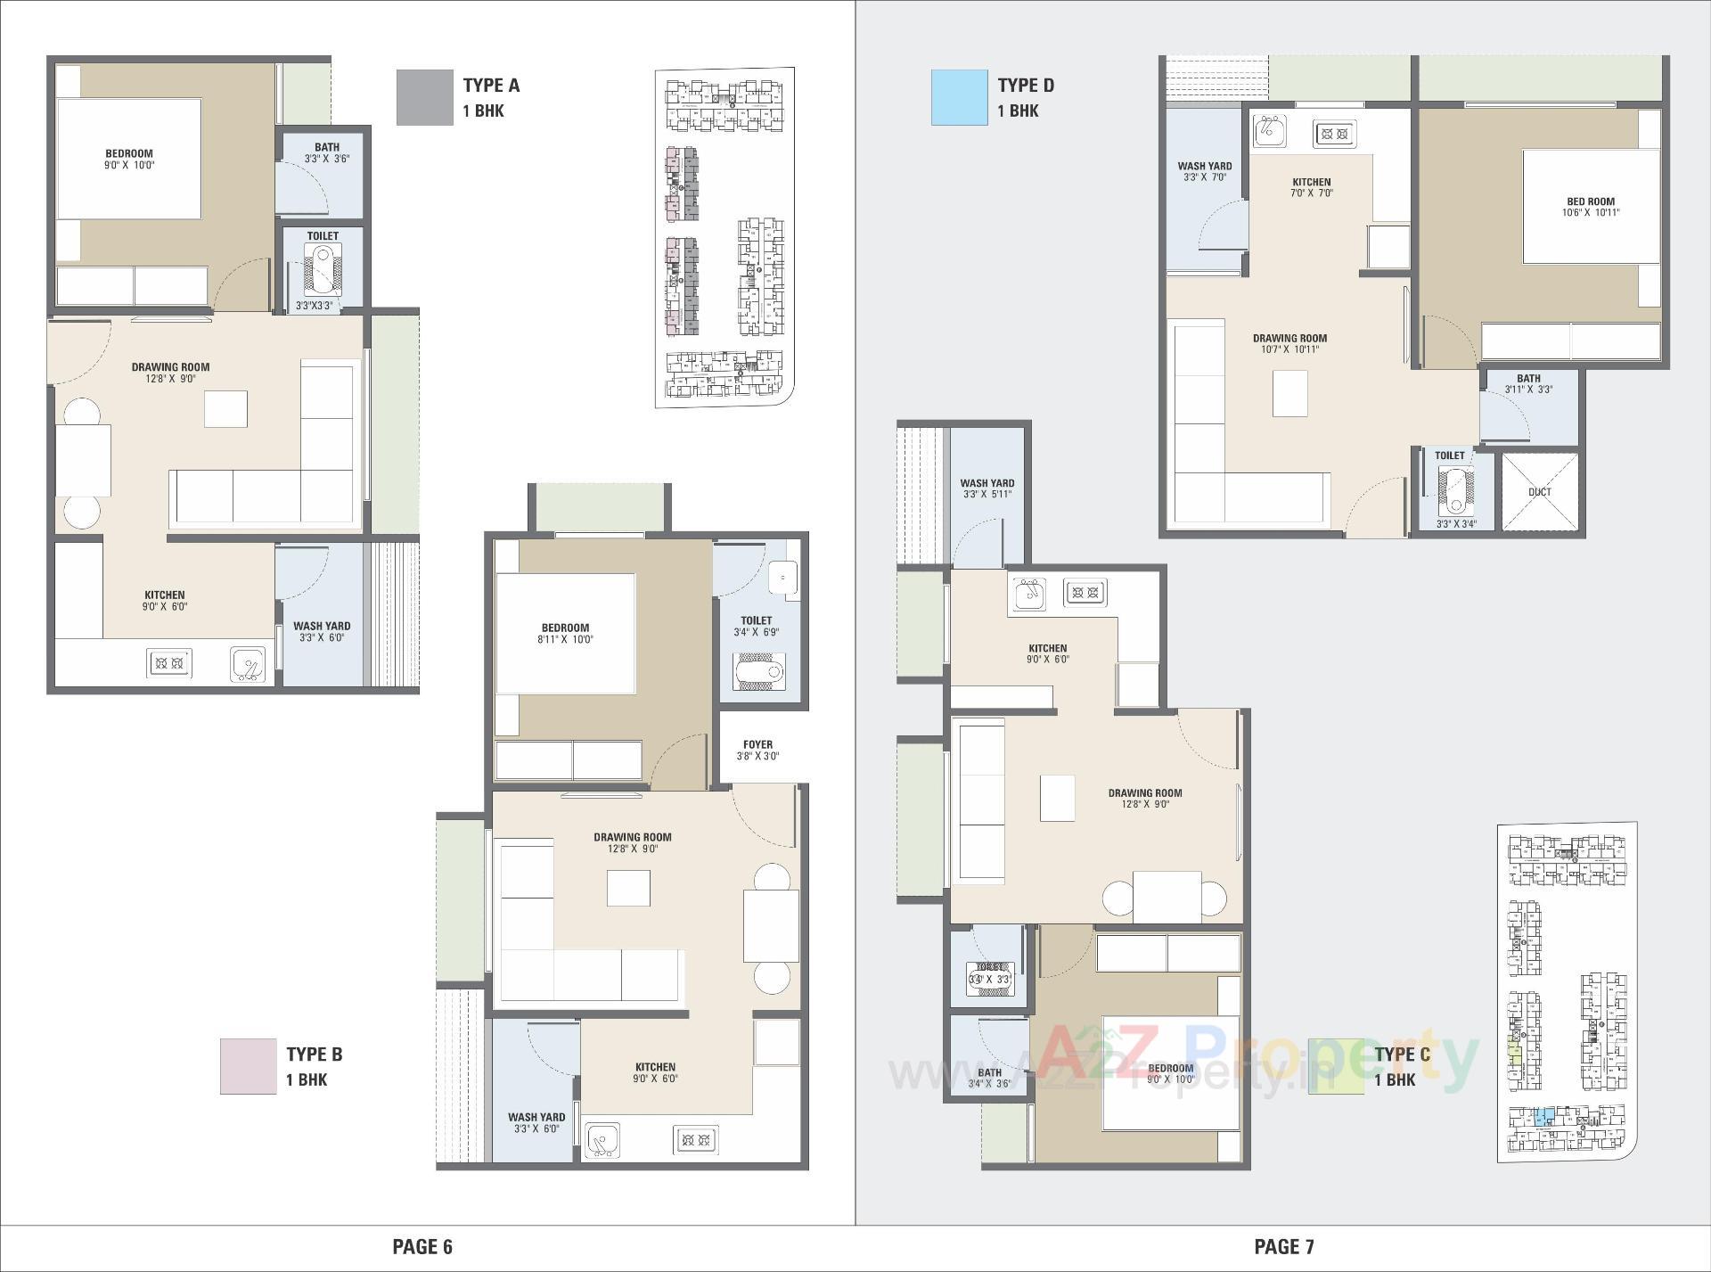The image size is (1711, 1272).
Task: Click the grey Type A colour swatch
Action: click(424, 98)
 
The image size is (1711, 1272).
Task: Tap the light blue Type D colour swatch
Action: click(959, 98)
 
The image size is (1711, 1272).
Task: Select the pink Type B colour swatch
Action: click(248, 1066)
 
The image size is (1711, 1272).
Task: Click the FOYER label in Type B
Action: click(757, 744)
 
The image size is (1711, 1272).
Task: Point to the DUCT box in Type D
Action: click(1539, 492)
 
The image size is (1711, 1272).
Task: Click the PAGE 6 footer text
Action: click(422, 1246)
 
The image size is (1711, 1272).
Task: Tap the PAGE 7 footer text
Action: click(1283, 1246)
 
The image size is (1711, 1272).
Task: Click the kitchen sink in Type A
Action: click(249, 664)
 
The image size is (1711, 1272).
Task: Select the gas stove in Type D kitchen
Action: click(1333, 135)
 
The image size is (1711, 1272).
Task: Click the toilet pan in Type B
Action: click(759, 671)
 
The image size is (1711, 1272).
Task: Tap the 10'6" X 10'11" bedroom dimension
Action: click(1590, 213)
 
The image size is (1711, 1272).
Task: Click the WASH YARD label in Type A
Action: click(322, 626)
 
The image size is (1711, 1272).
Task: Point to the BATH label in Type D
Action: click(1528, 378)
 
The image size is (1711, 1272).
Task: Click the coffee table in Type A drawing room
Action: click(226, 409)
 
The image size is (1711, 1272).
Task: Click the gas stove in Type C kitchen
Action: click(1085, 592)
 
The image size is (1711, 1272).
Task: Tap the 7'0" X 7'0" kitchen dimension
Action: click(1312, 193)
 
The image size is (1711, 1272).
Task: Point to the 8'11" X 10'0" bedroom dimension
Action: click(565, 639)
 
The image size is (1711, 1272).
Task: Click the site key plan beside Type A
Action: click(724, 239)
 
